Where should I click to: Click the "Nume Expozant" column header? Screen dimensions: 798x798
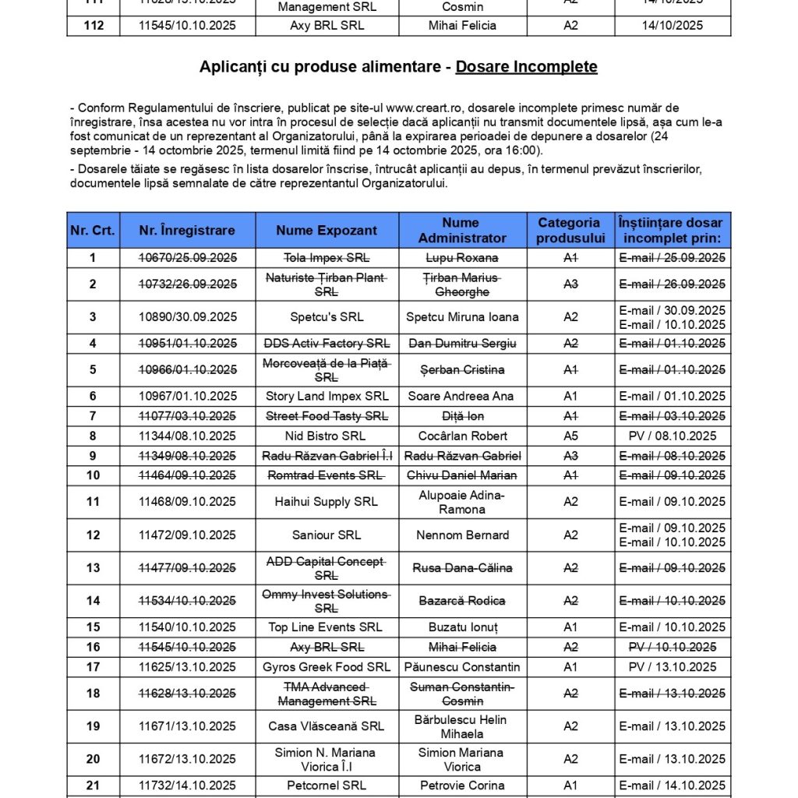[x=327, y=230]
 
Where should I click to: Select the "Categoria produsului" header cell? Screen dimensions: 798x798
[x=569, y=230]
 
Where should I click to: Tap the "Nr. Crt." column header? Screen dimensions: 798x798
[x=93, y=230]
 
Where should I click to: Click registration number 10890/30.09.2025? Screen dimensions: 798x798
[x=187, y=317]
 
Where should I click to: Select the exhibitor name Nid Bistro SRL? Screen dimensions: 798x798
[x=327, y=436]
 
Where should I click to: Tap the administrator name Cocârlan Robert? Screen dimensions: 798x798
[x=462, y=436]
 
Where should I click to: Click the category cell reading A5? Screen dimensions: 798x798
[x=570, y=436]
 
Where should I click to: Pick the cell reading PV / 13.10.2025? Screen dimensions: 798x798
[x=672, y=667]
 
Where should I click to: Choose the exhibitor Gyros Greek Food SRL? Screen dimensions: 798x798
[x=327, y=667]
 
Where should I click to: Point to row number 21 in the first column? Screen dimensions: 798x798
[x=93, y=786]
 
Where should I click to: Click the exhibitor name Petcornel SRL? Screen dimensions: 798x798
[x=327, y=786]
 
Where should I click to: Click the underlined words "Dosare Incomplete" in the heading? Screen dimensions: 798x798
[x=526, y=67]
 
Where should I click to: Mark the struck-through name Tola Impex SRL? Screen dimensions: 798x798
[x=327, y=258]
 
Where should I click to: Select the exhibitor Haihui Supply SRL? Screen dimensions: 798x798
[x=327, y=502]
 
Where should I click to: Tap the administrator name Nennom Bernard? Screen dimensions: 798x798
[x=462, y=535]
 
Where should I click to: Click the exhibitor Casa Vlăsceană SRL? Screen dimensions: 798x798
[x=327, y=726]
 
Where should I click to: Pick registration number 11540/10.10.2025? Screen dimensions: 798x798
[x=187, y=627]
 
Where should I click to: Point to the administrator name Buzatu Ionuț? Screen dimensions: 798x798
[x=462, y=627]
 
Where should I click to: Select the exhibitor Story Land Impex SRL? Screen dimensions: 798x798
[x=327, y=396]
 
